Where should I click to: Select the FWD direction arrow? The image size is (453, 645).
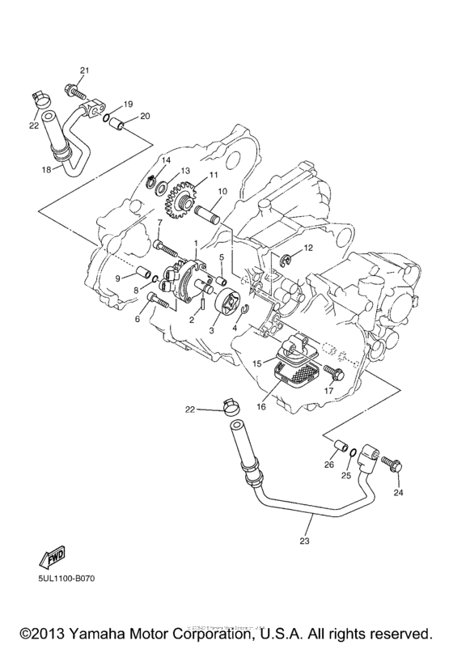51,558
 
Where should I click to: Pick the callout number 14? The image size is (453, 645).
166,161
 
